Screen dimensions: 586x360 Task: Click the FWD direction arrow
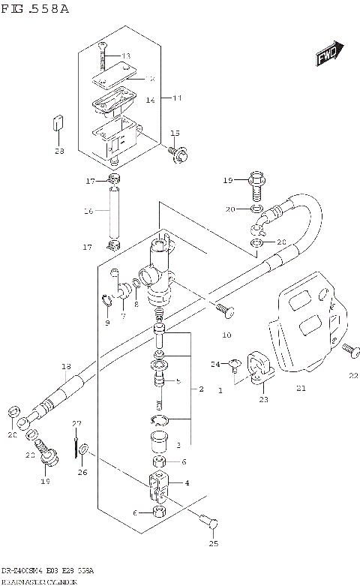328,56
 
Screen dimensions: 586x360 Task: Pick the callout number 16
88,212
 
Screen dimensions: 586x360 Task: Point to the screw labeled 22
347,349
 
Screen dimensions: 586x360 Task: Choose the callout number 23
263,400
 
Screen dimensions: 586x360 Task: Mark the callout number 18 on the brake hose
65,366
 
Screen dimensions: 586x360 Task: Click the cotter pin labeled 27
75,443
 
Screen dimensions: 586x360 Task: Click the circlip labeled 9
107,302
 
